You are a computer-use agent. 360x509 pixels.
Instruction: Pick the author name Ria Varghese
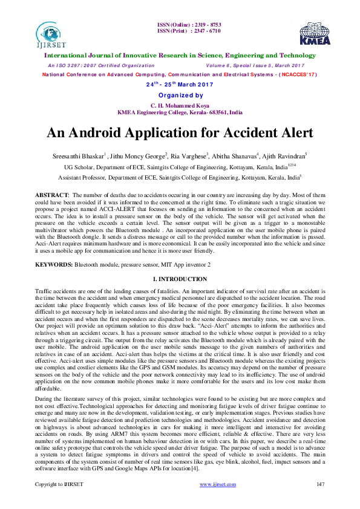[188, 156]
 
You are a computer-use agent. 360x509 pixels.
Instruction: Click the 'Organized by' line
[180, 96]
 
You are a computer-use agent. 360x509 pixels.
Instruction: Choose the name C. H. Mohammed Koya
[180, 105]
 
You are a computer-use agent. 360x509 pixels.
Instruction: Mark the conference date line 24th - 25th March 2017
[180, 85]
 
